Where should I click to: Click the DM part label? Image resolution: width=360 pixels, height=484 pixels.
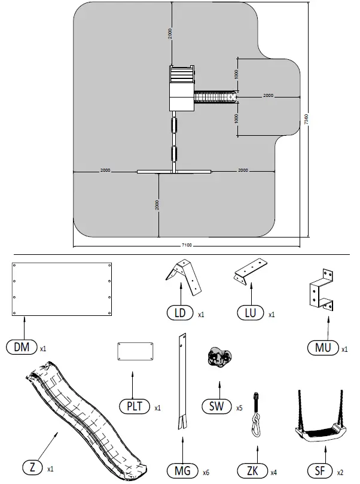click(x=22, y=347)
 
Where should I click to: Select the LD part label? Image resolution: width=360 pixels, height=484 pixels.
click(x=180, y=313)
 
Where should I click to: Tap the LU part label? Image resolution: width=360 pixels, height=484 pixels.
click(x=251, y=313)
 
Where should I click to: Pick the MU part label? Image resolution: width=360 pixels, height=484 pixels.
click(x=323, y=348)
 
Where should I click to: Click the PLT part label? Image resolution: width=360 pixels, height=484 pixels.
click(x=135, y=406)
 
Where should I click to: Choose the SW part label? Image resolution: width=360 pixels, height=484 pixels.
click(x=216, y=406)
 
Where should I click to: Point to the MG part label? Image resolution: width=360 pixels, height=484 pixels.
click(x=182, y=471)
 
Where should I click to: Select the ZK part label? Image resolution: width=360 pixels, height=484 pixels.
click(x=252, y=471)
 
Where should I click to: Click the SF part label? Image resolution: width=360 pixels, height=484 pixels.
click(x=320, y=471)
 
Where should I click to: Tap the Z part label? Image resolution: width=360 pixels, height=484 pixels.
click(x=33, y=467)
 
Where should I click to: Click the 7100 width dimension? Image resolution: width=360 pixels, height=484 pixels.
click(x=187, y=245)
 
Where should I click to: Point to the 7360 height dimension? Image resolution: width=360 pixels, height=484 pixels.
click(x=306, y=120)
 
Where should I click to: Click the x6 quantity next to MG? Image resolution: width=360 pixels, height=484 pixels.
click(x=206, y=473)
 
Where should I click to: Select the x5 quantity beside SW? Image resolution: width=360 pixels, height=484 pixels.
click(x=239, y=408)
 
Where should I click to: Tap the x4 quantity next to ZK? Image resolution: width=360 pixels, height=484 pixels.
click(x=274, y=473)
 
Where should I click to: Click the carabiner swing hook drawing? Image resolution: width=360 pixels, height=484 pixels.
click(x=256, y=414)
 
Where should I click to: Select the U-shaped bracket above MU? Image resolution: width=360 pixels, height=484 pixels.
click(x=322, y=290)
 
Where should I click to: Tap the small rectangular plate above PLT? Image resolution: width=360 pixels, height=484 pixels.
click(x=135, y=351)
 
